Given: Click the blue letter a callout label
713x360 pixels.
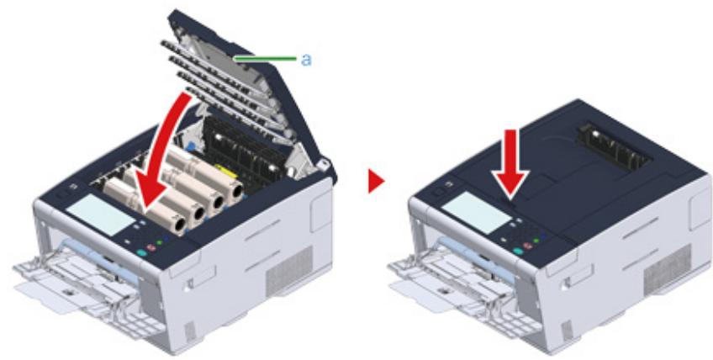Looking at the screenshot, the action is (307, 59).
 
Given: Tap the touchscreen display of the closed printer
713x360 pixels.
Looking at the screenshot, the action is (476, 213).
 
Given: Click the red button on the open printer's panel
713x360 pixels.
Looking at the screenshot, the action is (151, 246).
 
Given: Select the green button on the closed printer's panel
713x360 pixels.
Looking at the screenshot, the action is (537, 241).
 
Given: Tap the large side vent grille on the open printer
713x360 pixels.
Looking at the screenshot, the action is (289, 270).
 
